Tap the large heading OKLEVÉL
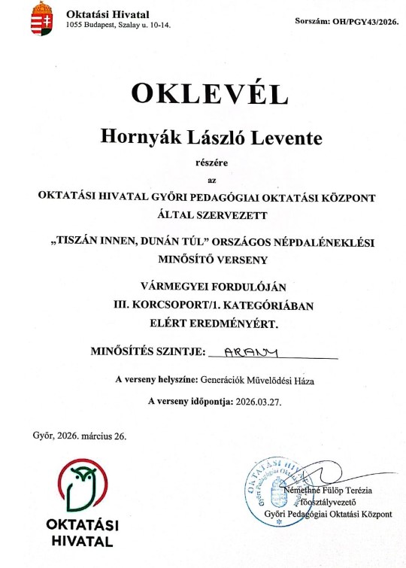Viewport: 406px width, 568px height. pos(210,93)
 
